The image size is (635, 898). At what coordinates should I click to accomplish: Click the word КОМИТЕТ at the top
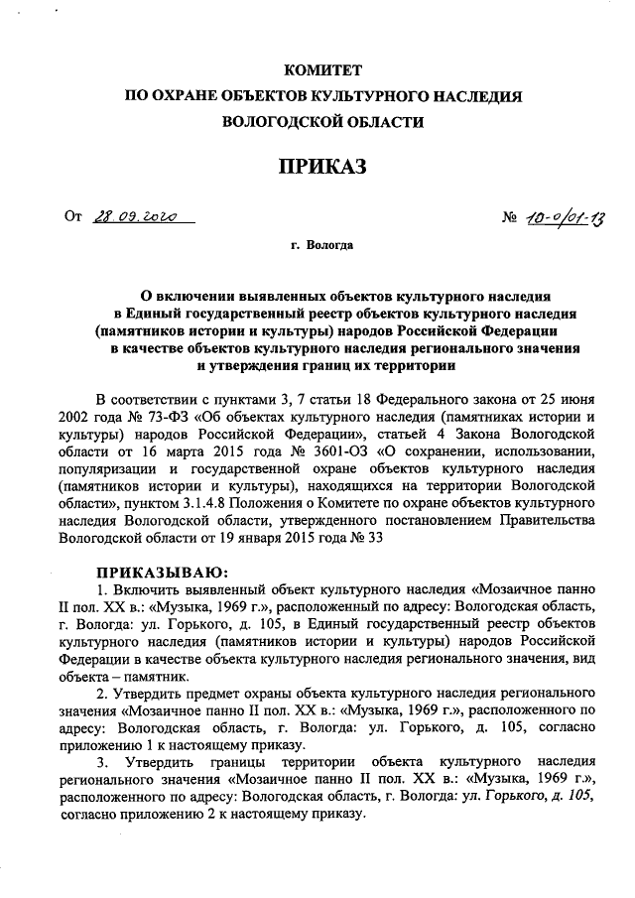pyautogui.click(x=322, y=70)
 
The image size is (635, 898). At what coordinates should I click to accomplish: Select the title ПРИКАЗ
pyautogui.click(x=322, y=165)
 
